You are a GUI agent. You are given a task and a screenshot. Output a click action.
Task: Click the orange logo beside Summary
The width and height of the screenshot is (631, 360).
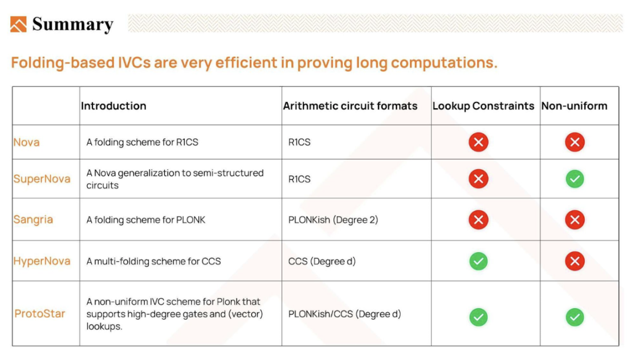[x=18, y=24]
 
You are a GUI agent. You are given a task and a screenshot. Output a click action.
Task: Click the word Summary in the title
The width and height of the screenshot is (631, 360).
[x=73, y=24]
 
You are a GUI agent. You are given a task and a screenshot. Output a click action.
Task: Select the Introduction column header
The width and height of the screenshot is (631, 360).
[x=113, y=106]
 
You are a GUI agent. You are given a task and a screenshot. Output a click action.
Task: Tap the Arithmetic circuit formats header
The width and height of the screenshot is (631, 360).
[x=350, y=106]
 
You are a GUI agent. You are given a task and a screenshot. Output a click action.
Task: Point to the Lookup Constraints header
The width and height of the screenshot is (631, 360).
[x=483, y=106]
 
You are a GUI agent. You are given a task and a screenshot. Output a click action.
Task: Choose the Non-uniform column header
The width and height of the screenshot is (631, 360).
[x=574, y=106]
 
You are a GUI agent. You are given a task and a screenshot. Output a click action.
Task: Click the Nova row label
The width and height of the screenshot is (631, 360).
[x=27, y=142]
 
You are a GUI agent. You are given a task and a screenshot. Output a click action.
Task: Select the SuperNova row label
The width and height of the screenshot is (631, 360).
[x=42, y=179]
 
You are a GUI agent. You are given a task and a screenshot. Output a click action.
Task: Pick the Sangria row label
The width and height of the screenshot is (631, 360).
[x=33, y=220]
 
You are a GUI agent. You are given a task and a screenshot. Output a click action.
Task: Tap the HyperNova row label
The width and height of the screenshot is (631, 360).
[x=42, y=261]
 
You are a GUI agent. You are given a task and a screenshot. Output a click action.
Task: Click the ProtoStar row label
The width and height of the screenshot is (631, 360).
[x=40, y=314]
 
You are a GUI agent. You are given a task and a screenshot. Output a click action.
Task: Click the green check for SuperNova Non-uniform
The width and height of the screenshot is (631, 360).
[x=575, y=179]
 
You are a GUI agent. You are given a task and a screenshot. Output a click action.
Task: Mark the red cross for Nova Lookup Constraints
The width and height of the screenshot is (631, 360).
[x=478, y=142]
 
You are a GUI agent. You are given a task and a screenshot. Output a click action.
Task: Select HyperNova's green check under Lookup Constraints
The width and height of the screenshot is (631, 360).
[x=478, y=261]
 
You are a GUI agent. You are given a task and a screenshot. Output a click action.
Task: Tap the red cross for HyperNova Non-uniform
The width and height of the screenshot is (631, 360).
[x=575, y=261]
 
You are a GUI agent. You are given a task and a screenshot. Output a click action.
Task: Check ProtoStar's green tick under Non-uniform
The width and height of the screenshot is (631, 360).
[x=575, y=317]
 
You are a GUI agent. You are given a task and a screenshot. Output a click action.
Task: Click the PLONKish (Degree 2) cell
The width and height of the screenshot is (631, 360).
[x=333, y=220]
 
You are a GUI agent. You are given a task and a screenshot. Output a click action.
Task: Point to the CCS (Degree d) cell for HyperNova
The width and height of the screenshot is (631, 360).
[x=322, y=261]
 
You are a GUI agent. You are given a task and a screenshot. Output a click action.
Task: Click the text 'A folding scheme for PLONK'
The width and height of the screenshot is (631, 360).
[x=146, y=220]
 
